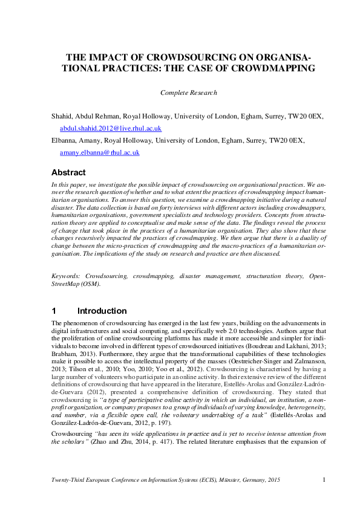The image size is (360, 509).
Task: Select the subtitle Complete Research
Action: [x=188, y=92]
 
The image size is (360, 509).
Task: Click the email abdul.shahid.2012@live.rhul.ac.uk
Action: [x=110, y=128]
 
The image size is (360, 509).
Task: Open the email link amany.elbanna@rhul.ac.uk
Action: [x=99, y=153]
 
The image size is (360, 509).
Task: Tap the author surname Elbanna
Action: [x=65, y=140]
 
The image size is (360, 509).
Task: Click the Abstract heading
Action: [x=68, y=172]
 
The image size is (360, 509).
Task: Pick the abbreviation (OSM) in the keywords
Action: [x=90, y=283]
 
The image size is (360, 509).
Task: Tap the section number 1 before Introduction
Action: [x=54, y=311]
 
